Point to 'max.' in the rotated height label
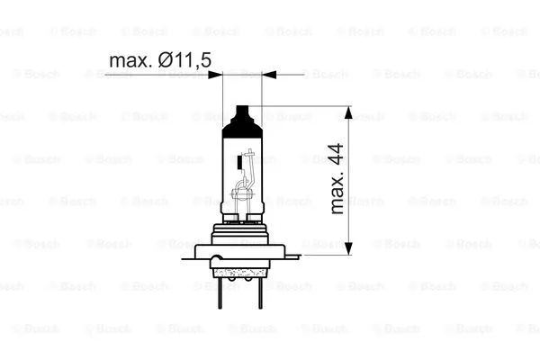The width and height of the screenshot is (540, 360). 337,199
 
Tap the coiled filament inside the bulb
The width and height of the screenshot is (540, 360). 240,191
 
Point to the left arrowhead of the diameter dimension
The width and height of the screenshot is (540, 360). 216,76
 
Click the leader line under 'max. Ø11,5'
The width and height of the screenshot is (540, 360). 153,76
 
